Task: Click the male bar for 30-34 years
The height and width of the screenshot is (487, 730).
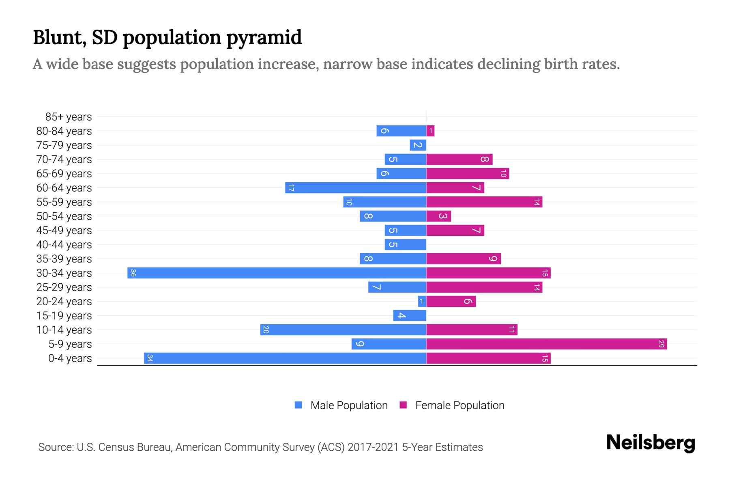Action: click(x=277, y=273)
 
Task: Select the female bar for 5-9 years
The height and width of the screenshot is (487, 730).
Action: click(x=546, y=344)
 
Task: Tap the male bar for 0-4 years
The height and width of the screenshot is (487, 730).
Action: click(x=285, y=358)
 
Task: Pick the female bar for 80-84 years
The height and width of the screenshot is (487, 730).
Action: click(x=430, y=131)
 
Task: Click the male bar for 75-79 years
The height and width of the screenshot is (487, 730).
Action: click(x=418, y=145)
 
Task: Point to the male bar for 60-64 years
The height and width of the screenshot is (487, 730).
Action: click(x=355, y=188)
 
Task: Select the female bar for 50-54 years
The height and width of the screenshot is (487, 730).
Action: click(x=438, y=216)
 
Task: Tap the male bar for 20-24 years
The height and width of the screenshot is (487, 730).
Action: click(x=422, y=302)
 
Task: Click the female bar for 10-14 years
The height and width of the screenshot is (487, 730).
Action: click(x=472, y=330)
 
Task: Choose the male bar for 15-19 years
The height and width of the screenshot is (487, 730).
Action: click(x=409, y=316)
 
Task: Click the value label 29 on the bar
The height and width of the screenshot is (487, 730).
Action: click(x=661, y=344)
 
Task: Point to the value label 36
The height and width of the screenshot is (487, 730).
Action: click(x=133, y=273)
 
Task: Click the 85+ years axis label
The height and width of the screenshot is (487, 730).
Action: click(x=69, y=117)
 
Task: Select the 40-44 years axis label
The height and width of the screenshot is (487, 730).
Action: click(x=64, y=245)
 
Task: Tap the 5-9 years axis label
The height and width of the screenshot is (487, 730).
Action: click(x=70, y=344)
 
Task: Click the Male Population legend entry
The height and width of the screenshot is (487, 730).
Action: click(x=349, y=405)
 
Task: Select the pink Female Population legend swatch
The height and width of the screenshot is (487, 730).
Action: click(x=403, y=405)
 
